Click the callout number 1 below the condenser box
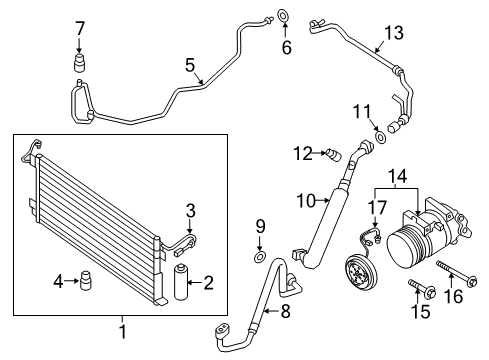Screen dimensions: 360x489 click(123, 331)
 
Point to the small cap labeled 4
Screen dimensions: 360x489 click(86, 281)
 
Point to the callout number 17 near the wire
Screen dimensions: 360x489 click(376, 208)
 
